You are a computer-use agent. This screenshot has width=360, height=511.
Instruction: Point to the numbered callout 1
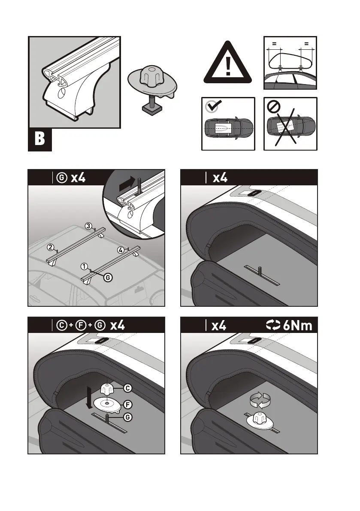click(x=85, y=266)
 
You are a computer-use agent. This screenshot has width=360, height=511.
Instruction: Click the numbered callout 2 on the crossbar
click(x=50, y=248)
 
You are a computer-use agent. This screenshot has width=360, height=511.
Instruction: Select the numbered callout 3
click(x=88, y=226)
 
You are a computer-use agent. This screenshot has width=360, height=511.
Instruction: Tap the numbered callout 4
click(x=121, y=249)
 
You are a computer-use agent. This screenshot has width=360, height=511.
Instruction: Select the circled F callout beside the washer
click(x=127, y=404)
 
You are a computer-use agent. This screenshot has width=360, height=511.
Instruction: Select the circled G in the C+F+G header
click(x=100, y=325)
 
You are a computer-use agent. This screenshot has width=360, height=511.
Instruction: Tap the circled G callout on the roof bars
click(x=108, y=278)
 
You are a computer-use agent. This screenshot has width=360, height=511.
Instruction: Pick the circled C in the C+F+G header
click(x=61, y=325)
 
